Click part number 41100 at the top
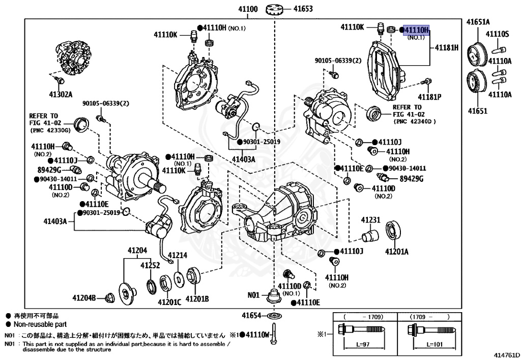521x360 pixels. tap(248, 9)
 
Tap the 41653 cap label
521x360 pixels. tap(303, 9)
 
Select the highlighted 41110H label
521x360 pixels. tap(416, 30)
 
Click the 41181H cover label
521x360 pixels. tap(447, 47)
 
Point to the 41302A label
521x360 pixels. tap(61, 94)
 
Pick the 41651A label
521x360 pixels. tap(478, 22)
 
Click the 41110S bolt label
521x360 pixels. tap(498, 34)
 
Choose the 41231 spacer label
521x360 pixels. tap(371, 220)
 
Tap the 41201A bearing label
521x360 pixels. tap(397, 252)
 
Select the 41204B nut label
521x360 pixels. tap(84, 298)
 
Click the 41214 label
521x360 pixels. tap(178, 255)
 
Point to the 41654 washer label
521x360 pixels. tap(251, 316)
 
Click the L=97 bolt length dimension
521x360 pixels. tap(363, 344)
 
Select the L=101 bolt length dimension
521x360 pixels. tap(435, 344)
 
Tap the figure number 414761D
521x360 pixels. tap(507, 355)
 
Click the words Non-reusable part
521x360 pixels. tap(40, 324)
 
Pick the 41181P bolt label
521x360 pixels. tap(429, 97)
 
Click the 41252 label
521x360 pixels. tap(150, 265)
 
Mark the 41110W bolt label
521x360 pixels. tap(258, 335)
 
